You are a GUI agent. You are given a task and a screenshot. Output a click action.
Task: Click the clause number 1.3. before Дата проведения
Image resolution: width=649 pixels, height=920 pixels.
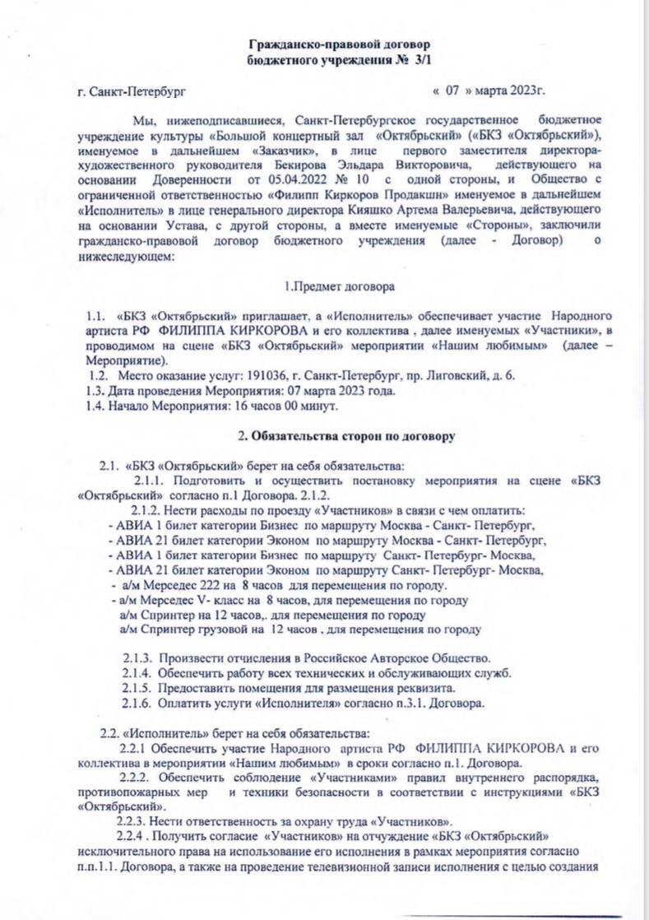click(95, 391)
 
